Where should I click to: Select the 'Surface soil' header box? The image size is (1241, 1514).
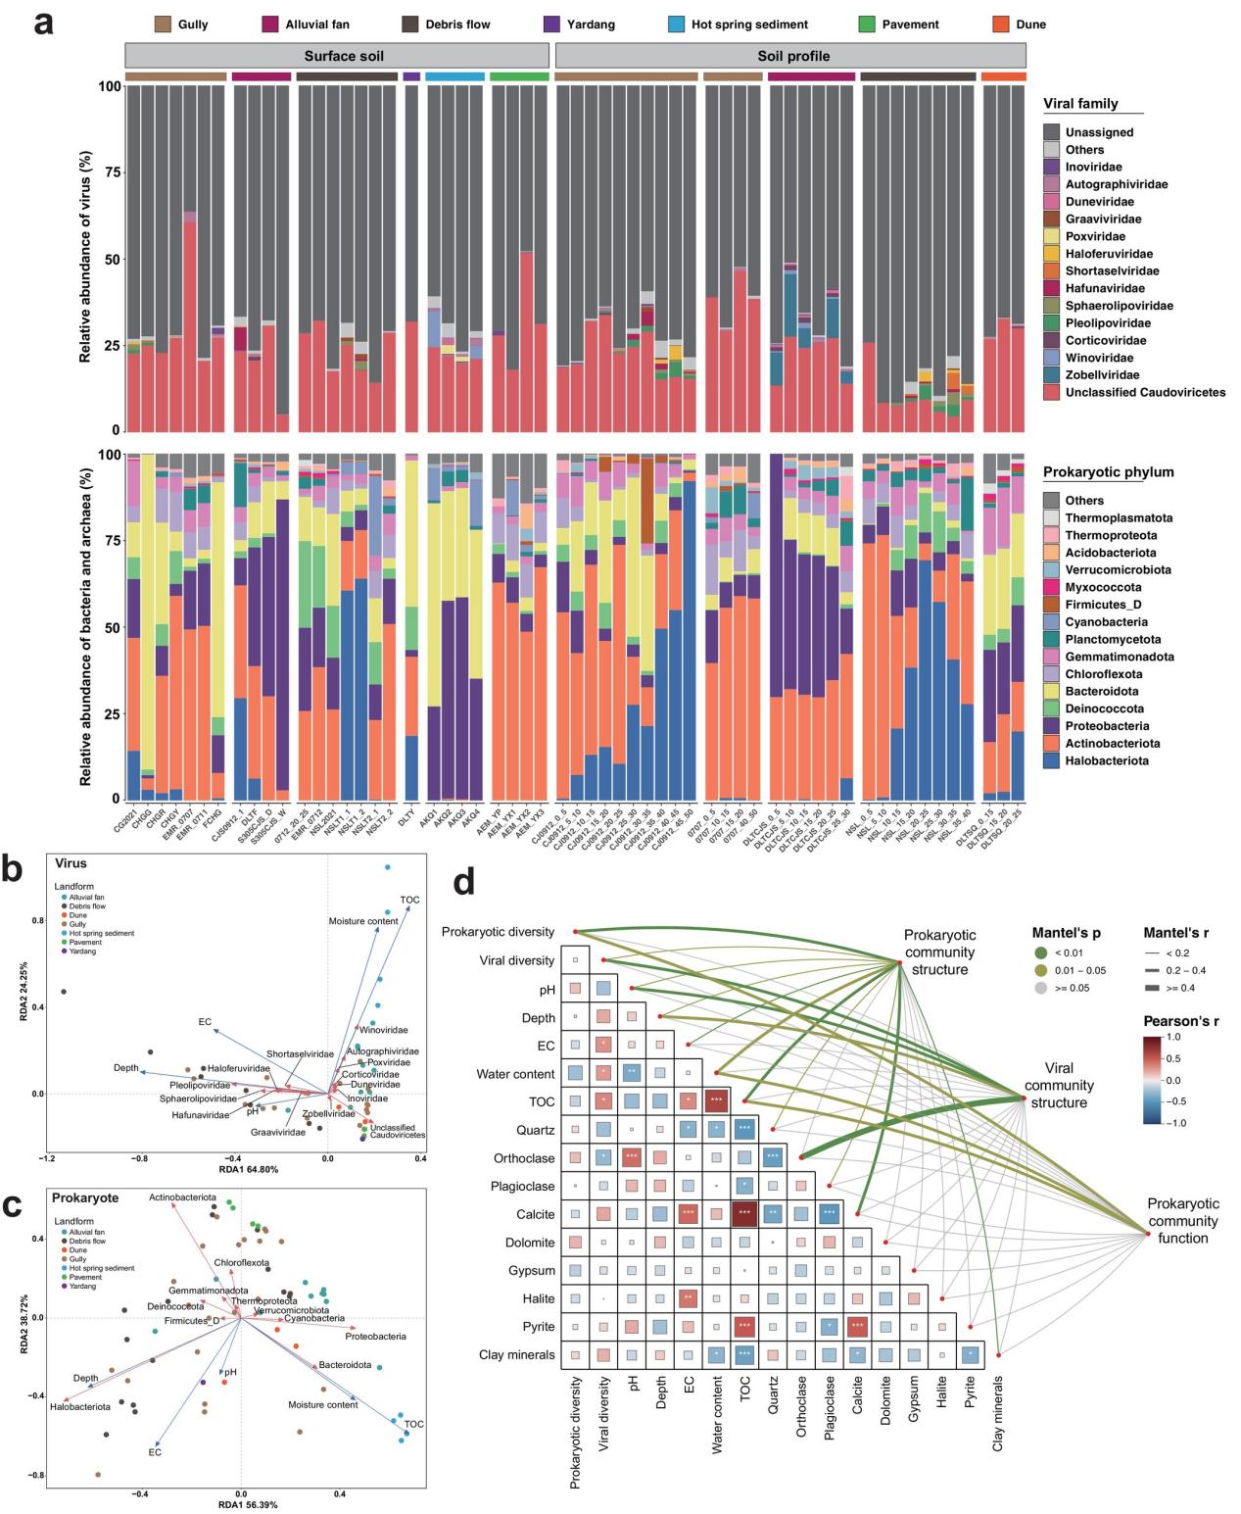[x=343, y=56]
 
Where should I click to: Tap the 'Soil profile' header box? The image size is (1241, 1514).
[x=793, y=56]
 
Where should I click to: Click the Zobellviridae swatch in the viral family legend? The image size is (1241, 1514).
[x=1052, y=375]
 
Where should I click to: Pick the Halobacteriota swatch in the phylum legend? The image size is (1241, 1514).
[x=1052, y=760]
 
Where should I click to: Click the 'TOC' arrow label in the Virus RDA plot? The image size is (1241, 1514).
[x=409, y=900]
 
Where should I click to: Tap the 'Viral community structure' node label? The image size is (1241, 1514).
[x=1059, y=1085]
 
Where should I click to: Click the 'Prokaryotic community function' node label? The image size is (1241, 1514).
[x=1183, y=1221]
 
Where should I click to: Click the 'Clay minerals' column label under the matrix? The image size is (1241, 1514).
[x=998, y=1412]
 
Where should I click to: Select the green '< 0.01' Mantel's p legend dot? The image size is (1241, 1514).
[x=1040, y=952]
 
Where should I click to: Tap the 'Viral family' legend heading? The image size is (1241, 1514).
[x=1080, y=104]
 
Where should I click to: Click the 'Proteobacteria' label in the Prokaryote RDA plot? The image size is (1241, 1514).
[x=375, y=1336]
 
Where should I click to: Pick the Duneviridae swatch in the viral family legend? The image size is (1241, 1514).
[x=1052, y=202]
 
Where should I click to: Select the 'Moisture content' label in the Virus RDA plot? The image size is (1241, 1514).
[x=363, y=921]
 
